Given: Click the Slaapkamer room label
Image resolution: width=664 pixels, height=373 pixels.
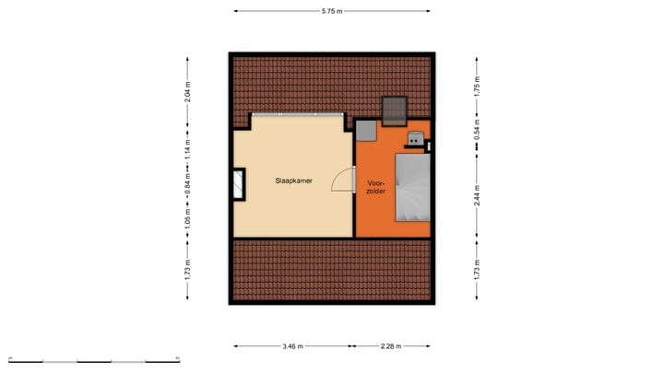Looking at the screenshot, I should point(292,181).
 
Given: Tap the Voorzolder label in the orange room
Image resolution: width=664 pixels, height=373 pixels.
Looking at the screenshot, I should point(375,186).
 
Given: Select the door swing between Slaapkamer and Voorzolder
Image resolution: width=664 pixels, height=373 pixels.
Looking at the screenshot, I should point(344,179).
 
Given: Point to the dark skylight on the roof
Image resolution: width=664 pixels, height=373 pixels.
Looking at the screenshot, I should point(396,110).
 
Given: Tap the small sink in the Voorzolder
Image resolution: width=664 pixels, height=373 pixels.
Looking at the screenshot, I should point(417,139).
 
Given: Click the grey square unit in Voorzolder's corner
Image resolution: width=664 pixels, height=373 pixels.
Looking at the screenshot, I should point(365,132).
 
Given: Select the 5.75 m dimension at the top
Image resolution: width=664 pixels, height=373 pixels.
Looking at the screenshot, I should point(332,11).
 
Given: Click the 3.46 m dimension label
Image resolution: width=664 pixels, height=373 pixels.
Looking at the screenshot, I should point(292,347).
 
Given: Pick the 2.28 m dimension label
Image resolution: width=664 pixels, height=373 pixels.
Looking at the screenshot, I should point(392,347).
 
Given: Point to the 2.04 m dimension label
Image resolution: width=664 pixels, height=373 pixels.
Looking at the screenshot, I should point(188,90).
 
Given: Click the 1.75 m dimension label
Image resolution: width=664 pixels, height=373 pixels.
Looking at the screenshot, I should point(477,85).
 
